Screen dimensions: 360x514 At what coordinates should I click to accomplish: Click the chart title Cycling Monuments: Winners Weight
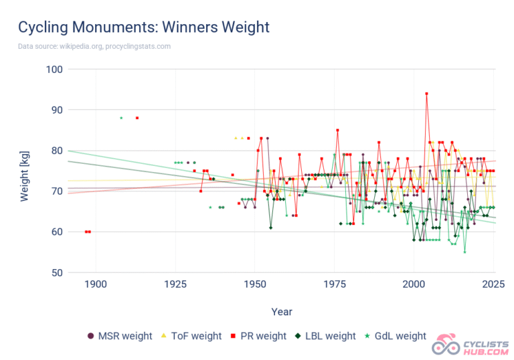[143, 27]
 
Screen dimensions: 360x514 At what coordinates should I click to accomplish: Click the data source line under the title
[94, 46]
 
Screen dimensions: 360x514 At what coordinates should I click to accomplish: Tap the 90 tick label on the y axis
[56, 110]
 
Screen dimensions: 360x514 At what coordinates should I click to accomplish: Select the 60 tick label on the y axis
[56, 232]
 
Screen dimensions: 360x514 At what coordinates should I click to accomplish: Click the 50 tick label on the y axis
[56, 272]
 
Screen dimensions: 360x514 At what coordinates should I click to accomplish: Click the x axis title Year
[282, 312]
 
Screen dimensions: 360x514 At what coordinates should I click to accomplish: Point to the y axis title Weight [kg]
[24, 170]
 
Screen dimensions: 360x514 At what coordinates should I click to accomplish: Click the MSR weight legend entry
[120, 336]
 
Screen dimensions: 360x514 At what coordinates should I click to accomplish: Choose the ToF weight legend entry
[191, 336]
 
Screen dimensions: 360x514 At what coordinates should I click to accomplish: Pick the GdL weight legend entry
[396, 336]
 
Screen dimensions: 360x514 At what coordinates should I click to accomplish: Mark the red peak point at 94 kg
[426, 94]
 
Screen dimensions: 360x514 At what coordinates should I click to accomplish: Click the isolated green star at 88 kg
[121, 118]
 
